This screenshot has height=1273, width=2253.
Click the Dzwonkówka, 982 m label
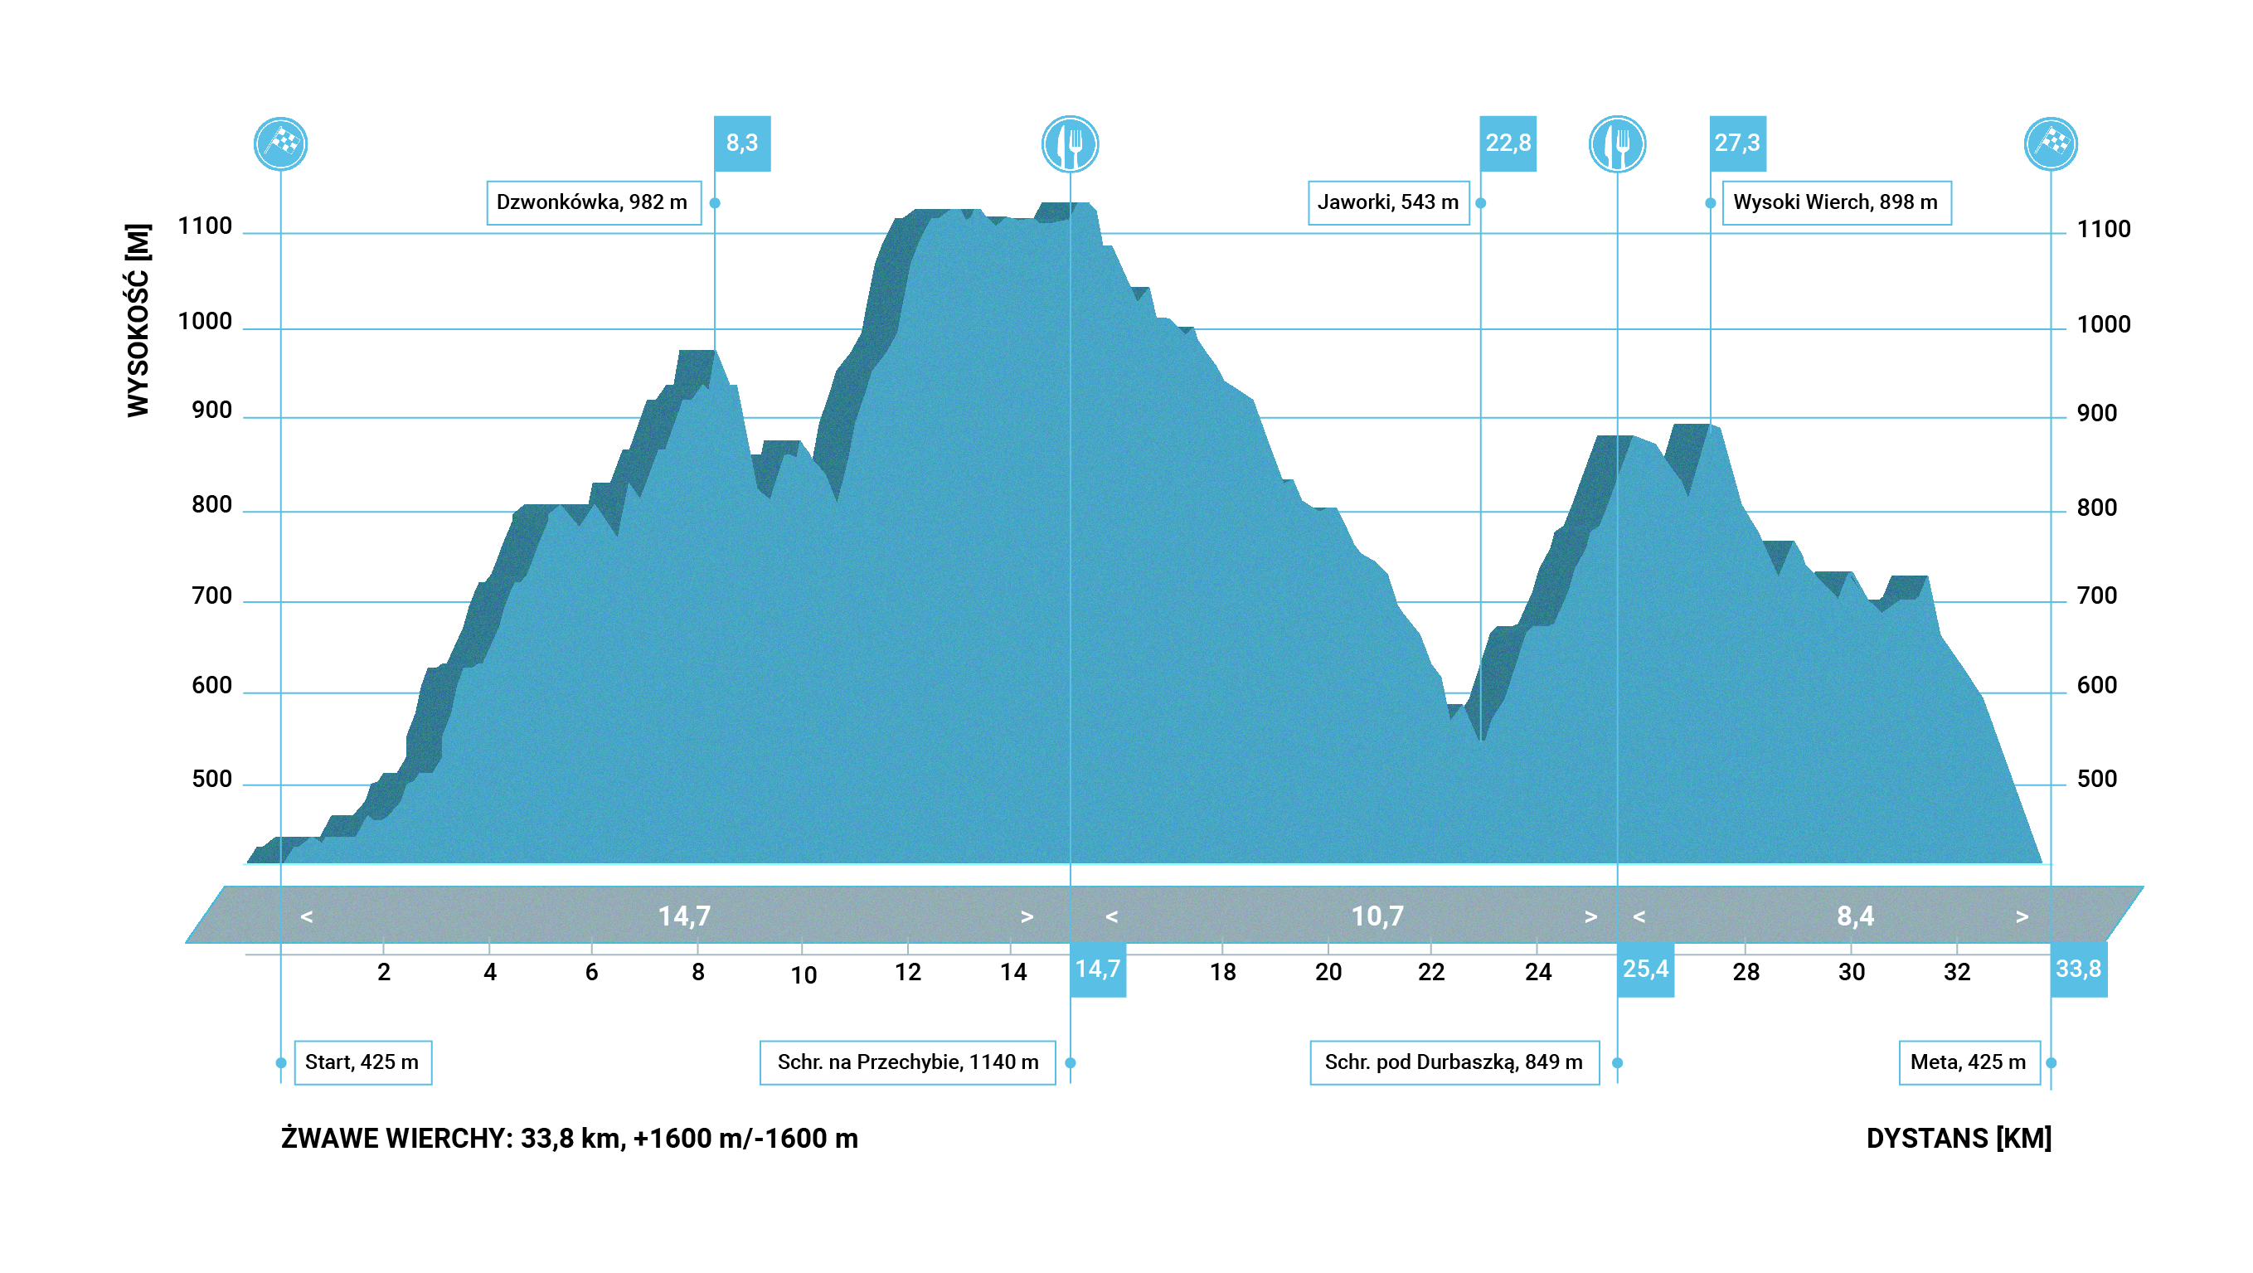[x=593, y=203]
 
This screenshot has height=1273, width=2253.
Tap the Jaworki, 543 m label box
[x=1388, y=203]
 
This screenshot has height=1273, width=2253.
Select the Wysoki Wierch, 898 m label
[x=1836, y=203]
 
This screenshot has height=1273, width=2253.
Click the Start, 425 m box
[x=362, y=1062]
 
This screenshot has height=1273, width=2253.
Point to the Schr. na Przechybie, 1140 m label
[x=907, y=1062]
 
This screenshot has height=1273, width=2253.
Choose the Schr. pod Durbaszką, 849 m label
[x=1454, y=1062]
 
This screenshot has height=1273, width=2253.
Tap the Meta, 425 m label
[x=1968, y=1062]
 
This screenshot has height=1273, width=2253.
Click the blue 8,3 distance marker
[x=741, y=143]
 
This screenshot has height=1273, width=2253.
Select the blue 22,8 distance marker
[x=1508, y=143]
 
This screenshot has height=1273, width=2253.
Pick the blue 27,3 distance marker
[x=1737, y=143]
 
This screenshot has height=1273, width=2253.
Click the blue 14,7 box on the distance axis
[x=1098, y=969]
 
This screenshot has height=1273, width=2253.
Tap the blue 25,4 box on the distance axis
[x=1645, y=969]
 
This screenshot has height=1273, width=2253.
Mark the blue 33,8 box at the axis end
[x=2078, y=969]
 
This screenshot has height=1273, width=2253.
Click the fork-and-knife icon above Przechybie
[x=1070, y=144]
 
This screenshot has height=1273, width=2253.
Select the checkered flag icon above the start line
[x=281, y=144]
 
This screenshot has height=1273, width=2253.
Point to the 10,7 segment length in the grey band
[x=1377, y=916]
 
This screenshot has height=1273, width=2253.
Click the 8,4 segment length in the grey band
[x=1855, y=916]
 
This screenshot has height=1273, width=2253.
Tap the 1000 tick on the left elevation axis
[x=205, y=322]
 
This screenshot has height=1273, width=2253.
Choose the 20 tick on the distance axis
[x=1328, y=972]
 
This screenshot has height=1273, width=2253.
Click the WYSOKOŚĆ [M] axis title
[x=138, y=320]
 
